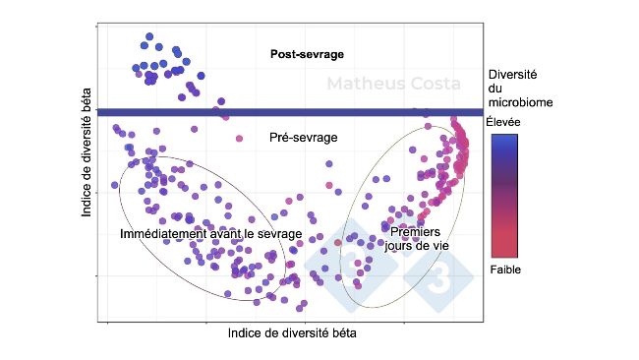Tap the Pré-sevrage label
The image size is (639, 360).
coord(303,138)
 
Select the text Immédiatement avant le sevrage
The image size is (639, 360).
coord(210,234)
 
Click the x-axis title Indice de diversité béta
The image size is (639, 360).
coord(291,332)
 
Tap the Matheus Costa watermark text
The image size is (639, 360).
coord(392,84)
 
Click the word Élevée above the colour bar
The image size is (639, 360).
coord(503,122)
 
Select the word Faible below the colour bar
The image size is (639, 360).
coord(504,269)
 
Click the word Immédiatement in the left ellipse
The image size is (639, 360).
coord(156,234)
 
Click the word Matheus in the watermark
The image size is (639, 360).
coord(364,84)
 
